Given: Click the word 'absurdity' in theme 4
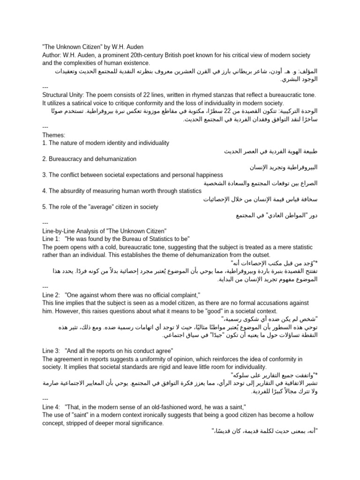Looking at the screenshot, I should tap(74, 191).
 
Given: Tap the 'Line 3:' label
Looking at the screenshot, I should tap(51, 351).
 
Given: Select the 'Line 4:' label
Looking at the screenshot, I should tap(51, 407).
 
